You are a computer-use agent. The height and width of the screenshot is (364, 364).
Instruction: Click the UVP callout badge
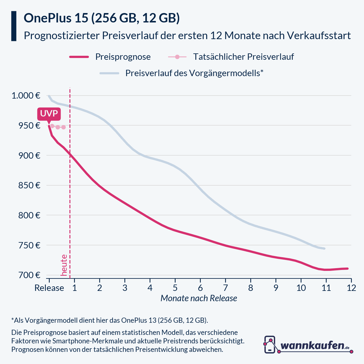coord(49,114)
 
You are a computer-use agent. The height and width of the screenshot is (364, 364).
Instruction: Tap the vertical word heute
coord(64,265)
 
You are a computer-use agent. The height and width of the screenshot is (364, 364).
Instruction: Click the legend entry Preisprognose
coord(123,57)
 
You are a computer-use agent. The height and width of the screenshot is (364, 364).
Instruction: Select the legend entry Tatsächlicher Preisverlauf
coord(243,57)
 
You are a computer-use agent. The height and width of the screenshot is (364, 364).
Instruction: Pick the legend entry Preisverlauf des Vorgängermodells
coord(194,73)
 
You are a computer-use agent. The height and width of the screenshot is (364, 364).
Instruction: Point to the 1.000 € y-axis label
coord(26,96)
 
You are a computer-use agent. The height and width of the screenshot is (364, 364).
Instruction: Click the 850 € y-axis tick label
coord(30,185)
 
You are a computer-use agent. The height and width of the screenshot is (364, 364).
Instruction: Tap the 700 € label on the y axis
coord(30,275)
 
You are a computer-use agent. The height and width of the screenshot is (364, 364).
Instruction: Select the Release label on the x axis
coord(49,288)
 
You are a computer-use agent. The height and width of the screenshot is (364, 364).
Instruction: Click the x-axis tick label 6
coord(200,288)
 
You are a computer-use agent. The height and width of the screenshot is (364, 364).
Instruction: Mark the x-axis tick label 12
coord(351,288)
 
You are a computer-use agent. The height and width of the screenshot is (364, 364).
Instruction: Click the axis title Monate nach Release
coord(199,298)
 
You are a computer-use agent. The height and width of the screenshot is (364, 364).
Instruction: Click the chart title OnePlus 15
coord(102,18)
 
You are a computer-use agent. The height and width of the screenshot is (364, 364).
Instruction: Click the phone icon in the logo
coord(270,344)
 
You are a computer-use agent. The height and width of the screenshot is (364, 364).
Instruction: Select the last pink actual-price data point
coord(63,127)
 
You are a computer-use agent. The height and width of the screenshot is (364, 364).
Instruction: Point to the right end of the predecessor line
coord(325,248)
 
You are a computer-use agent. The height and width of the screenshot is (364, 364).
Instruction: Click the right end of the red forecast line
coord(347,268)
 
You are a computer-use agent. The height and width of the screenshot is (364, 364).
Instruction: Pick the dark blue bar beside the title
coord(14,26)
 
